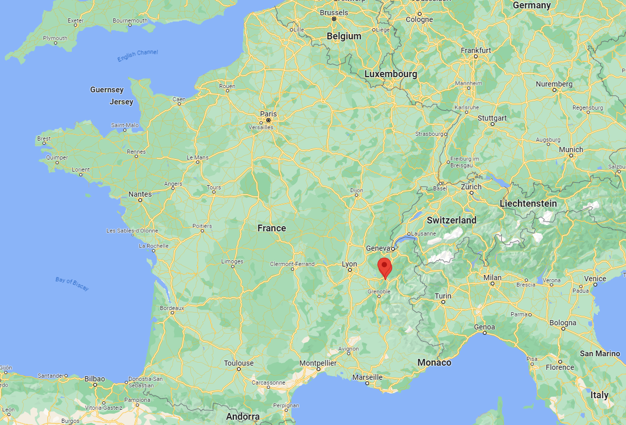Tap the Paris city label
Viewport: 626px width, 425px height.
(x=268, y=113)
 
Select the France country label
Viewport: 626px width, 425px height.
(x=272, y=228)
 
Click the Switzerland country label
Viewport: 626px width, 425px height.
(x=451, y=220)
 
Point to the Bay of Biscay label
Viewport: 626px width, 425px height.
(x=72, y=283)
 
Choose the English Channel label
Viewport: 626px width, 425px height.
(x=137, y=55)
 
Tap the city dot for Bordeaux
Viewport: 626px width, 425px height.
(x=172, y=313)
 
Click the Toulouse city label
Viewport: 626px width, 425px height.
(x=239, y=363)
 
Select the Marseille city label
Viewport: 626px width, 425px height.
(x=367, y=377)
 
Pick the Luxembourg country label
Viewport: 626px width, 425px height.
(x=391, y=75)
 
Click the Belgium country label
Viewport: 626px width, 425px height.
(x=344, y=36)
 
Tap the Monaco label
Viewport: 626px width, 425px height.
(x=434, y=363)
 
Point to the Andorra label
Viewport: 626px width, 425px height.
(x=243, y=417)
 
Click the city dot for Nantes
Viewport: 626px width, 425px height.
(x=141, y=200)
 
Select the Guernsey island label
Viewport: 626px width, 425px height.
(x=107, y=90)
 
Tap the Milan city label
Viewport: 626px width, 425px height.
(x=493, y=278)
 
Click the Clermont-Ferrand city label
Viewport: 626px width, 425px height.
(x=292, y=264)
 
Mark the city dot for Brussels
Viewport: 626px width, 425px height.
(x=333, y=19)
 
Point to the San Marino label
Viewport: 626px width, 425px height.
(x=600, y=354)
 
